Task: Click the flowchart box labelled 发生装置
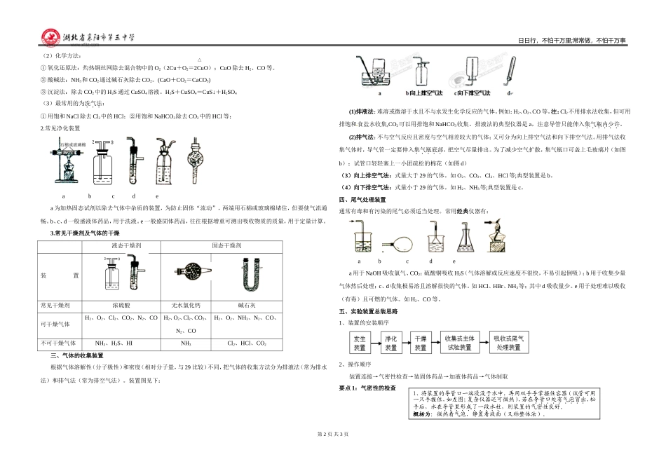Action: click(x=359, y=342)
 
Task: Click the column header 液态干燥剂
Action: click(x=126, y=247)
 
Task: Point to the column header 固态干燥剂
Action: click(x=226, y=247)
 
